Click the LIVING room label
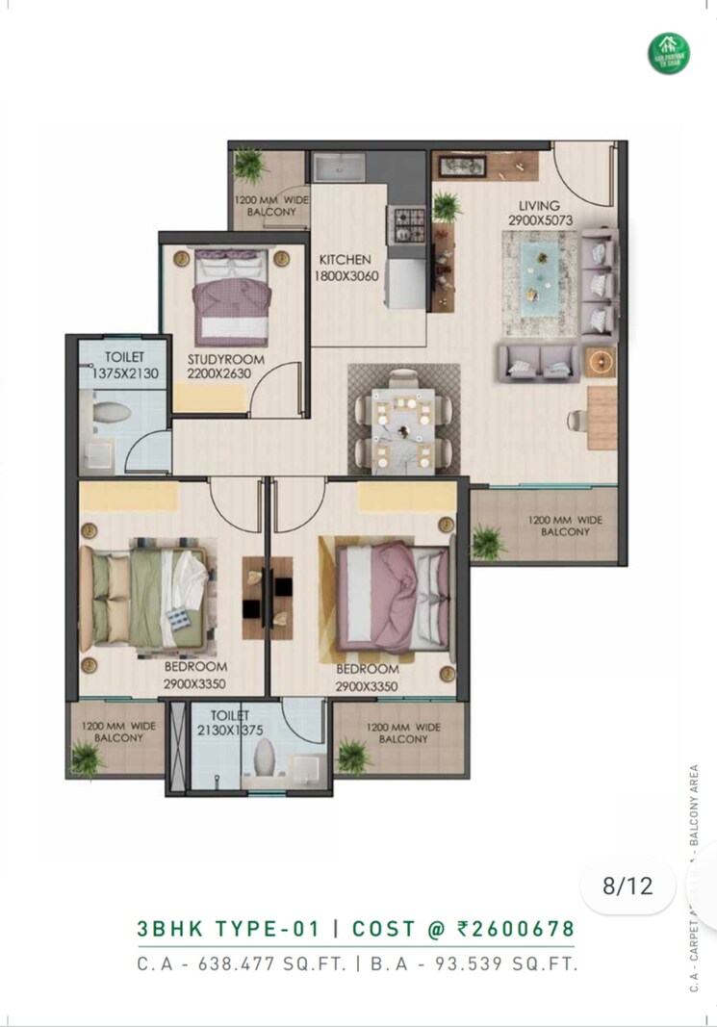tap(539, 205)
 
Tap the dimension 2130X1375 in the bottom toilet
tap(228, 730)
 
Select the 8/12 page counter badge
tap(627, 886)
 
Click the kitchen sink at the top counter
tap(339, 169)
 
